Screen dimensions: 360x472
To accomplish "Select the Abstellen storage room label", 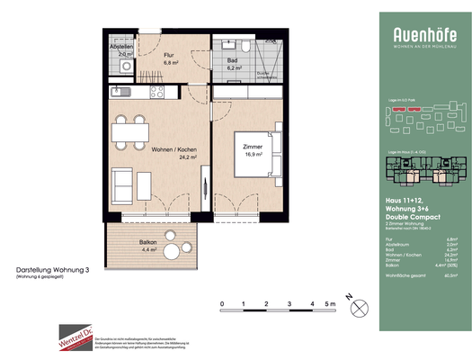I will point(122,49).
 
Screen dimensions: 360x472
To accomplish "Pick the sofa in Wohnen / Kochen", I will point(122,184).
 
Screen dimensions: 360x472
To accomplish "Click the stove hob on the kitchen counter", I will point(156,90).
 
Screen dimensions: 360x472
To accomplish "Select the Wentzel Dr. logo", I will point(76,340).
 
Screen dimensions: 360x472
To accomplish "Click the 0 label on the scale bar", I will point(222,305).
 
